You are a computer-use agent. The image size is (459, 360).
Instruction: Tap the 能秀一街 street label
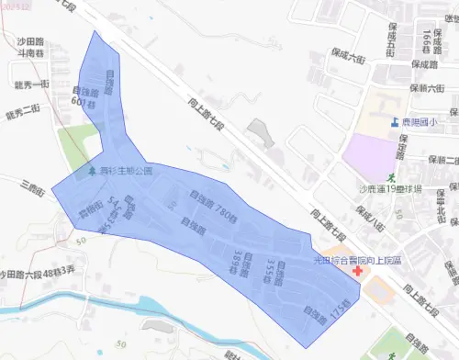coord(32,85)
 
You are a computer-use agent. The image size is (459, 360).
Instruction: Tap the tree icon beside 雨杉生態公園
coord(90,171)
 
